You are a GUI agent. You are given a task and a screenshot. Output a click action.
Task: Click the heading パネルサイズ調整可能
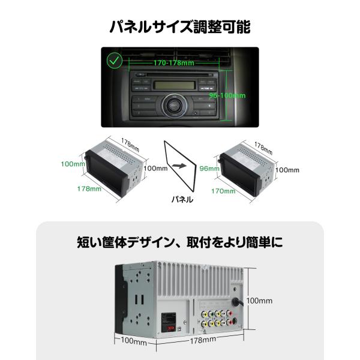180,26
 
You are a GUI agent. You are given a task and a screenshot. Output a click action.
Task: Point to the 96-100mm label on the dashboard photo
231,95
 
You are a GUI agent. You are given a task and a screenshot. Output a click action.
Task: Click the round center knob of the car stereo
173,109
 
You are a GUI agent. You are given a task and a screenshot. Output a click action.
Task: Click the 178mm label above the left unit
131,143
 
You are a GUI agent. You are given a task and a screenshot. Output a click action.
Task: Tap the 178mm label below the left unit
89,190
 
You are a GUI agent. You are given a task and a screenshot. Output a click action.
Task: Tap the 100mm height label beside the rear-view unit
260,300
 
